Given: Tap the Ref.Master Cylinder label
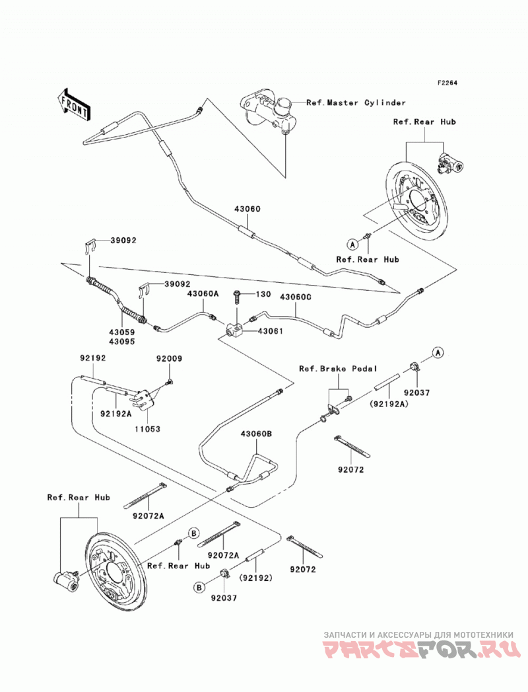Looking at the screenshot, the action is tap(356, 102).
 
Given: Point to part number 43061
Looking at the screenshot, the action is tap(270, 331).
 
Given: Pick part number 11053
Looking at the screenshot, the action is tap(148, 428).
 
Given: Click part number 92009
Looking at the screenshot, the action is tap(169, 359).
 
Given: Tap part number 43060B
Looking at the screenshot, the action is tap(256, 434).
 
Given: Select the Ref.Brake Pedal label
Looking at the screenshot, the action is tap(338, 369).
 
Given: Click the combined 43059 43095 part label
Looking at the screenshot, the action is tap(122, 336).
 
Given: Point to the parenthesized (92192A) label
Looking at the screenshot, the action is tap(389, 403).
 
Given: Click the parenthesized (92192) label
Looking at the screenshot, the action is tap(255, 577).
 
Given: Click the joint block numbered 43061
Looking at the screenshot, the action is tap(234, 328).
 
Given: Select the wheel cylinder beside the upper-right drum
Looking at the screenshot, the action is tap(450, 164).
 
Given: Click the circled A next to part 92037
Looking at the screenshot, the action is tap(438, 352).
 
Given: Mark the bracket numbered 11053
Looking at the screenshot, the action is tap(143, 398).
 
